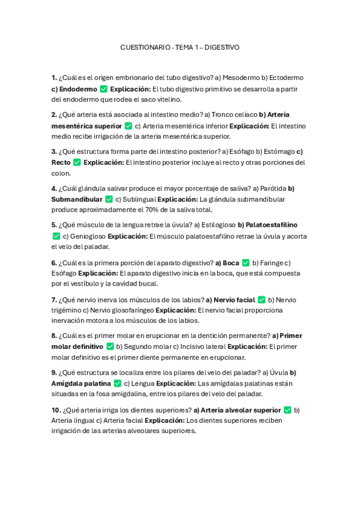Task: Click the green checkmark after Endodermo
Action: pyautogui.click(x=103, y=89)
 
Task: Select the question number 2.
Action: pyautogui.click(x=54, y=114)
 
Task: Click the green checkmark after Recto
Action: pyautogui.click(x=77, y=162)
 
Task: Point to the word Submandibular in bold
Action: pyautogui.click(x=77, y=199)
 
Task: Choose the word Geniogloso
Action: pyautogui.click(x=87, y=236)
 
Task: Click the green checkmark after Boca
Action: pyautogui.click(x=245, y=262)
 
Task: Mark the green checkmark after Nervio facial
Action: pyautogui.click(x=261, y=300)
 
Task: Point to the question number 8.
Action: pyautogui.click(x=54, y=336)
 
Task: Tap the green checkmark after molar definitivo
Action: pyautogui.click(x=110, y=346)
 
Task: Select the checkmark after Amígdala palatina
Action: pyautogui.click(x=118, y=383)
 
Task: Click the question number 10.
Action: pyautogui.click(x=56, y=410)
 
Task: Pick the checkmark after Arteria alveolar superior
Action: pyautogui.click(x=287, y=410)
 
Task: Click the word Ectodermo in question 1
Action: pyautogui.click(x=286, y=78)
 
